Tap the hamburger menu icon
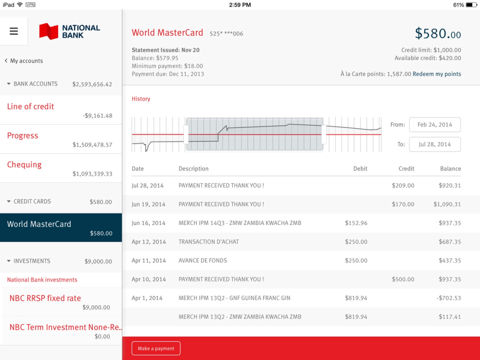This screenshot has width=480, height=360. [14, 31]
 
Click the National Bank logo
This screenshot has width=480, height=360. [70, 31]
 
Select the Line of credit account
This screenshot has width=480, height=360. [60, 110]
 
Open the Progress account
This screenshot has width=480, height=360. [60, 139]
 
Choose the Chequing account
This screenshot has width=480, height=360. [60, 168]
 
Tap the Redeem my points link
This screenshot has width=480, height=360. [436, 74]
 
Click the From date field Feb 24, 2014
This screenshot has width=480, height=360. [435, 125]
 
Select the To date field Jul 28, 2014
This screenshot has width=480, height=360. [435, 144]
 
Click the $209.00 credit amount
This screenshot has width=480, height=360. [403, 186]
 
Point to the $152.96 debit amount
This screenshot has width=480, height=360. [356, 223]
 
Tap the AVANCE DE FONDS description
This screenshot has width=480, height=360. [202, 261]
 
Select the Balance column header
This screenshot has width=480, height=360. [450, 169]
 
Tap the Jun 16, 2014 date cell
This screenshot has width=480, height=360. [149, 223]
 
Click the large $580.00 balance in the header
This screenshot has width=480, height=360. [437, 34]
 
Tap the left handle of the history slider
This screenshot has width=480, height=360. [186, 135]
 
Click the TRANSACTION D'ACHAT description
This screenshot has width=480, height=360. [209, 242]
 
